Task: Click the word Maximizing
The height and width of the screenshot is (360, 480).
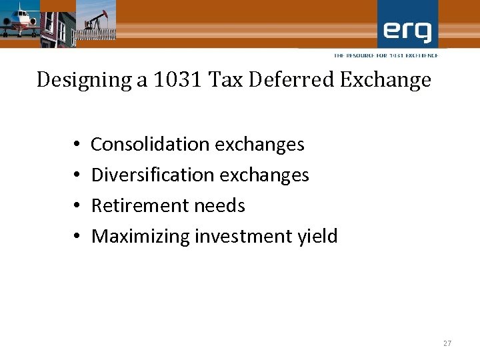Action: (x=140, y=236)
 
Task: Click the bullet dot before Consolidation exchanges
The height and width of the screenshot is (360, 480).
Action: (x=77, y=145)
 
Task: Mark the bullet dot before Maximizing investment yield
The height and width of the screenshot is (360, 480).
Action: (x=77, y=237)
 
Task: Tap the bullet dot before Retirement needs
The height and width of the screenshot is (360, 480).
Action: (x=77, y=206)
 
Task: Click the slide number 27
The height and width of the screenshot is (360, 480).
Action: (x=447, y=343)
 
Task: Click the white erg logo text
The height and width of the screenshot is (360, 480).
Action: (x=407, y=30)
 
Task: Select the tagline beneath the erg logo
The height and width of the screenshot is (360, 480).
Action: (x=386, y=55)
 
